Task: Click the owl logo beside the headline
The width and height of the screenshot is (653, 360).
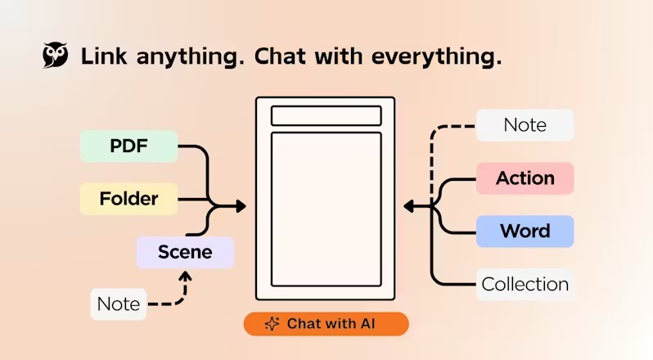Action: click(55, 55)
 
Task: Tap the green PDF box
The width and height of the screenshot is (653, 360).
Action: click(128, 146)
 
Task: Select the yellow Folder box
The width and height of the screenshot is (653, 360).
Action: click(128, 199)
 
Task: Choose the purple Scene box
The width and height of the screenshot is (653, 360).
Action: click(185, 252)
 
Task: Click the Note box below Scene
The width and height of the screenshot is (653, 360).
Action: click(119, 304)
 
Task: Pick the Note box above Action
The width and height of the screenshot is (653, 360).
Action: click(525, 125)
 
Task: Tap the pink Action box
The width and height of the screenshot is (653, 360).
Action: click(525, 178)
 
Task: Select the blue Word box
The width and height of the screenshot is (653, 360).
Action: click(525, 232)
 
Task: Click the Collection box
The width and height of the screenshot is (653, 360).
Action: click(525, 285)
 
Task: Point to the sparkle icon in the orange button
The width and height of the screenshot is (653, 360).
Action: click(272, 324)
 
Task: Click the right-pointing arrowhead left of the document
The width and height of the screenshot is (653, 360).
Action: click(241, 206)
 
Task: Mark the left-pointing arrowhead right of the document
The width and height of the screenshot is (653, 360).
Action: click(409, 206)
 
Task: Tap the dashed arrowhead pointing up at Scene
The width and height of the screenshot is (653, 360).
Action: click(185, 276)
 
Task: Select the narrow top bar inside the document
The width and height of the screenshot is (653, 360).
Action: click(326, 115)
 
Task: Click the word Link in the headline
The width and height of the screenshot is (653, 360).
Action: click(104, 56)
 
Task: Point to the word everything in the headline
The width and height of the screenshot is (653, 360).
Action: click(436, 57)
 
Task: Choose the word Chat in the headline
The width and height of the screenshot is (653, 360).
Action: click(280, 56)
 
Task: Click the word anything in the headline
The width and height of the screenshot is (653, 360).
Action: click(191, 57)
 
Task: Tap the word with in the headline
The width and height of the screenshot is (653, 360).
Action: click(338, 56)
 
